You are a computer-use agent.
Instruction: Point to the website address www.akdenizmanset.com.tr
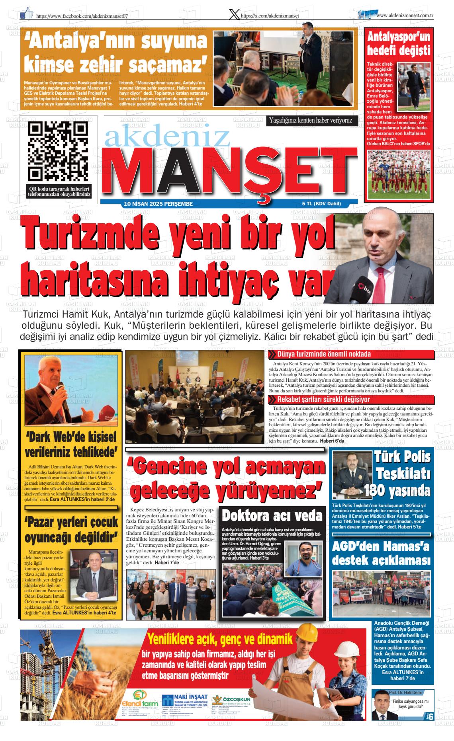[x=404, y=15]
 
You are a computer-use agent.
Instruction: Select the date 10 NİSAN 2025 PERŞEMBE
[x=159, y=204]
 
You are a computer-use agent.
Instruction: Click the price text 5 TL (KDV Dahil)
[x=321, y=204]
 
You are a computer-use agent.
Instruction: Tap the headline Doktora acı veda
[x=272, y=516]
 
